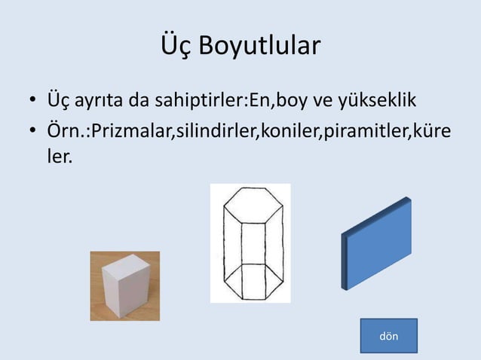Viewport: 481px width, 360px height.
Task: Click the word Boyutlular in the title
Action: (260, 45)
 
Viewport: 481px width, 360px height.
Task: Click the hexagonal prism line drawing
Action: (250, 243)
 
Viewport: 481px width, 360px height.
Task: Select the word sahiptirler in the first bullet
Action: (198, 101)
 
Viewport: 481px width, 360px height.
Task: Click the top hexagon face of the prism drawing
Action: (250, 205)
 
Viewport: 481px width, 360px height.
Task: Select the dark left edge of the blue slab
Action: (345, 260)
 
